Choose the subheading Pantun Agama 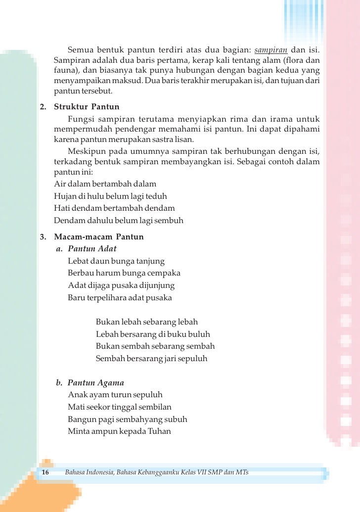(x=95, y=382)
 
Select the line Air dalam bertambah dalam (x=105, y=184)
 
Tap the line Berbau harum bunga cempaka (x=124, y=273)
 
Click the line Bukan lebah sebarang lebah (x=146, y=322)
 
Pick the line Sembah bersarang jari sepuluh (x=151, y=358)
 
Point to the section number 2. (x=43, y=107)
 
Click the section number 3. (x=43, y=236)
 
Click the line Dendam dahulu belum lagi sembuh (x=118, y=220)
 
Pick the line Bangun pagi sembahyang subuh (x=128, y=419)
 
